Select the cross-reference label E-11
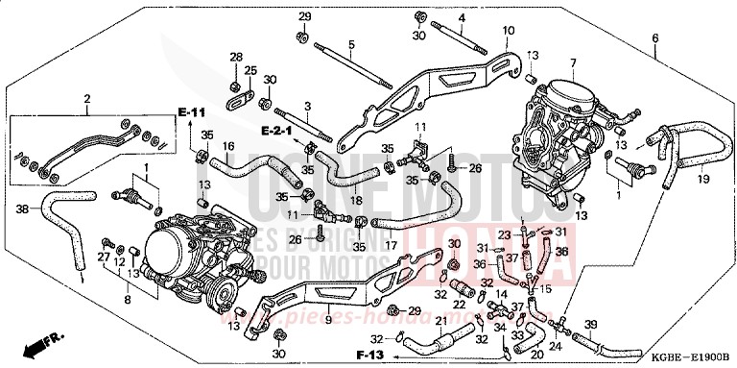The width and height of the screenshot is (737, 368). (x=192, y=114)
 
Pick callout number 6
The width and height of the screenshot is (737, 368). (x=655, y=38)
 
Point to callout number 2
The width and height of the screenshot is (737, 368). (x=86, y=98)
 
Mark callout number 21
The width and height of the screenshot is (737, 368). (x=440, y=320)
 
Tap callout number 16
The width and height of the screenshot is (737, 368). (x=228, y=147)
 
